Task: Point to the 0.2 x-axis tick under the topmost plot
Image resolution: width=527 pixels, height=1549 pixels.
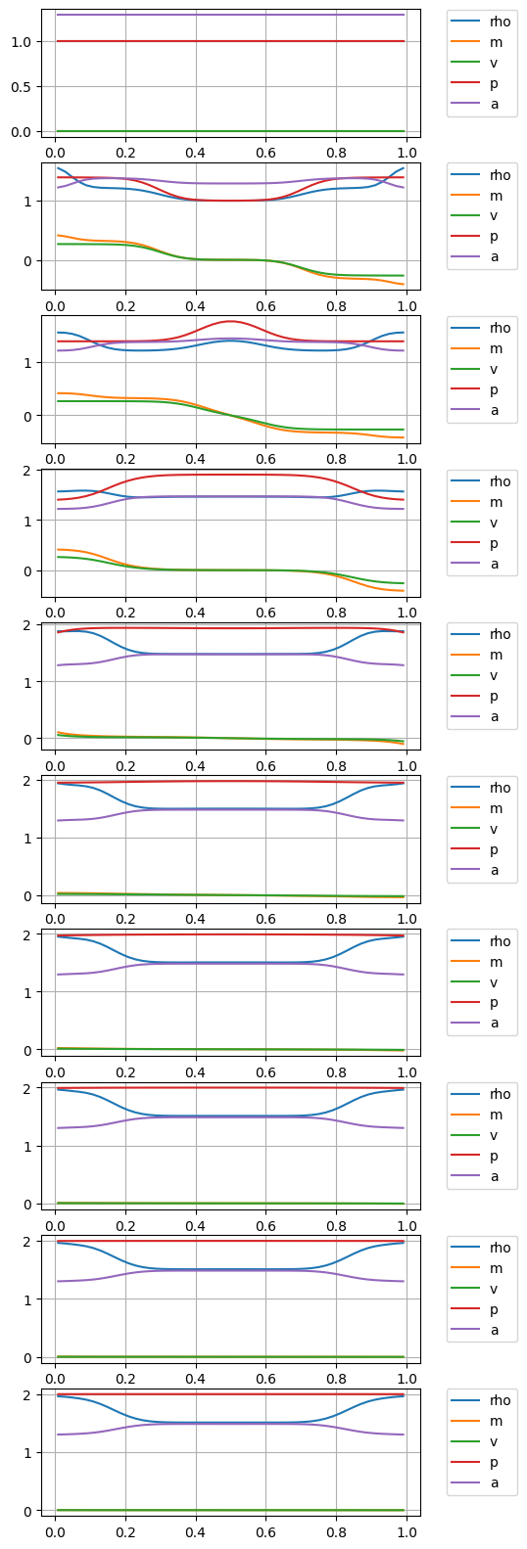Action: [x=125, y=153]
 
